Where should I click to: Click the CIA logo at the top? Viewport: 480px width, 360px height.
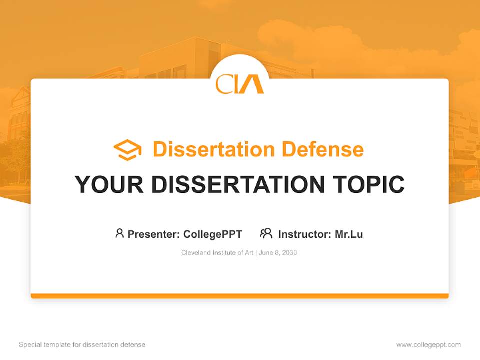click(240, 83)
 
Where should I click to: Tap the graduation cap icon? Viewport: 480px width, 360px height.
click(127, 150)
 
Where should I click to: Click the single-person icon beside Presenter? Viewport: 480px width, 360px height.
click(119, 233)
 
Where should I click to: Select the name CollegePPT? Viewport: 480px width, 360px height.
click(212, 234)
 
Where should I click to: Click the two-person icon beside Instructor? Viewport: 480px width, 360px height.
click(266, 233)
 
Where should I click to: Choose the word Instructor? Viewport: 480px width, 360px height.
click(304, 234)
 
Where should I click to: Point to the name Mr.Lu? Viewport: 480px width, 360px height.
click(349, 234)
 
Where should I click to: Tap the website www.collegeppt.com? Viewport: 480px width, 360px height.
click(428, 345)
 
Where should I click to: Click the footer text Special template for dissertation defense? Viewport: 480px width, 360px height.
click(82, 345)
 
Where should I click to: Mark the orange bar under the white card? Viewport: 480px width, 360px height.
click(240, 296)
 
